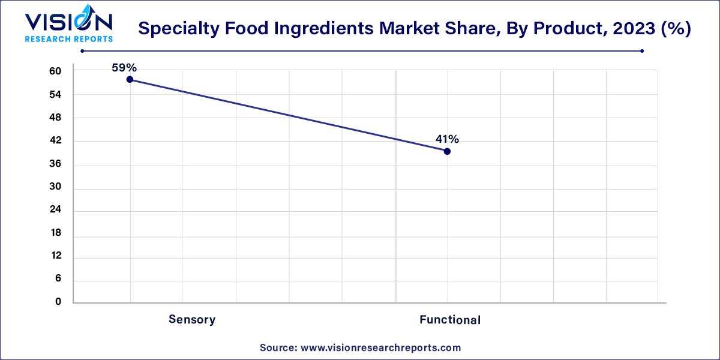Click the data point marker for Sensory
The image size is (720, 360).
(130, 79)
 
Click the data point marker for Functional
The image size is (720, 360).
(447, 151)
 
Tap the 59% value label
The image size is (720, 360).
(124, 68)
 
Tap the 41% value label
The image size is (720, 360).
(447, 139)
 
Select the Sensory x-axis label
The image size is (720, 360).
(192, 319)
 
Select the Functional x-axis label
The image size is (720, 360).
(450, 320)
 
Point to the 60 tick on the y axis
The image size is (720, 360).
(55, 71)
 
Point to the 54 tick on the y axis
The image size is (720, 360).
(55, 95)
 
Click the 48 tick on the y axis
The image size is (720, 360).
(55, 118)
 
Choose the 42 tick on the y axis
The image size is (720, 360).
(55, 141)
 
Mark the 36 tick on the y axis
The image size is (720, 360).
(55, 164)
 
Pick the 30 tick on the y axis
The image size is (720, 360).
(55, 188)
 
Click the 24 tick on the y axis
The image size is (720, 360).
(55, 211)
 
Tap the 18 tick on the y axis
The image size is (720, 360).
(55, 233)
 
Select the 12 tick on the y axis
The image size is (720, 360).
(55, 256)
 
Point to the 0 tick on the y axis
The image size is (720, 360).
(58, 302)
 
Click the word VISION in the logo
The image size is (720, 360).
(68, 22)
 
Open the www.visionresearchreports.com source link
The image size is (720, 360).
(380, 347)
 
